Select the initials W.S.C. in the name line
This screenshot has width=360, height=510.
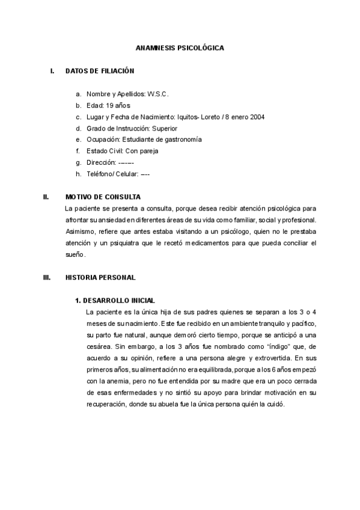[158, 94]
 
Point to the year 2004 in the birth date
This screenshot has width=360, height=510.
[257, 117]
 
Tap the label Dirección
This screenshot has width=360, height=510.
[100, 162]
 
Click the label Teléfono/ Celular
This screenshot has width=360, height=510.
[112, 174]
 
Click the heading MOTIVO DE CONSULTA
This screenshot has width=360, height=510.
[103, 197]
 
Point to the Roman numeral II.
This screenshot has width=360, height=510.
[46, 197]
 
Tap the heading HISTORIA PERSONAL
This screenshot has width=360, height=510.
[100, 277]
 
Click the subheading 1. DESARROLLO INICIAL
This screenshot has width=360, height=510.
[115, 300]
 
